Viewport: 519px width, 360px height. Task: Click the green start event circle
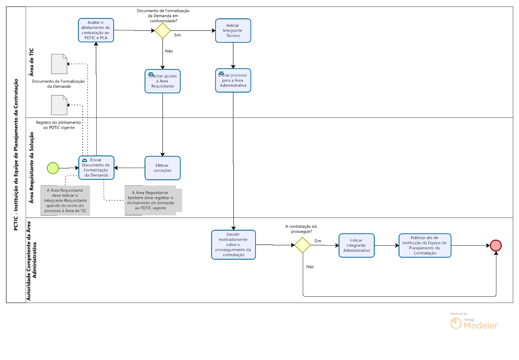click(53, 168)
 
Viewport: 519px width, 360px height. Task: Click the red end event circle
click(496, 245)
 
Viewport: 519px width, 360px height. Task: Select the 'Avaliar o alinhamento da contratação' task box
click(96, 30)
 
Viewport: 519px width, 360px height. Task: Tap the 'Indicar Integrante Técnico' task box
click(233, 31)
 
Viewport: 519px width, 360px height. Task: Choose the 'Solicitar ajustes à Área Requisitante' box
click(163, 81)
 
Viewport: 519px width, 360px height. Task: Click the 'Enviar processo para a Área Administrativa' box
click(233, 80)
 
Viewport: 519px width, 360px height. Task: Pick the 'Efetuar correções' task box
click(163, 168)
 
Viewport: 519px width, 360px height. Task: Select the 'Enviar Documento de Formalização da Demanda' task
click(96, 168)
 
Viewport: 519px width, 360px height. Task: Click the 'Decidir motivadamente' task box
click(233, 245)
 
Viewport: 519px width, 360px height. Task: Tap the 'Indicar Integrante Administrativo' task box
click(356, 245)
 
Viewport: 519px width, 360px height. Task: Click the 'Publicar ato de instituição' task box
click(425, 245)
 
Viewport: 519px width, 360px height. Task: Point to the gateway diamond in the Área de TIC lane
click(163, 31)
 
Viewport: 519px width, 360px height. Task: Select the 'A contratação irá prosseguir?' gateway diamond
click(302, 245)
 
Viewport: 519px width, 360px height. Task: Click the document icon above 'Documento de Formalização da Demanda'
click(59, 64)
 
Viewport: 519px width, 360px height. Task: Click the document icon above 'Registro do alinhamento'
click(59, 105)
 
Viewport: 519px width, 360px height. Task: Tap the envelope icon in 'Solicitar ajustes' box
click(151, 74)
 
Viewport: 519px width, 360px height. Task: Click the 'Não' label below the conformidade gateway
click(169, 51)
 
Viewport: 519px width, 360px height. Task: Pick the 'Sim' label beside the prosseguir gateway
click(318, 241)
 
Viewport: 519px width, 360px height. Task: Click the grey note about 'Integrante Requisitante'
click(65, 201)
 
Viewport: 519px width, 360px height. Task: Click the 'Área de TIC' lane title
click(32, 62)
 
